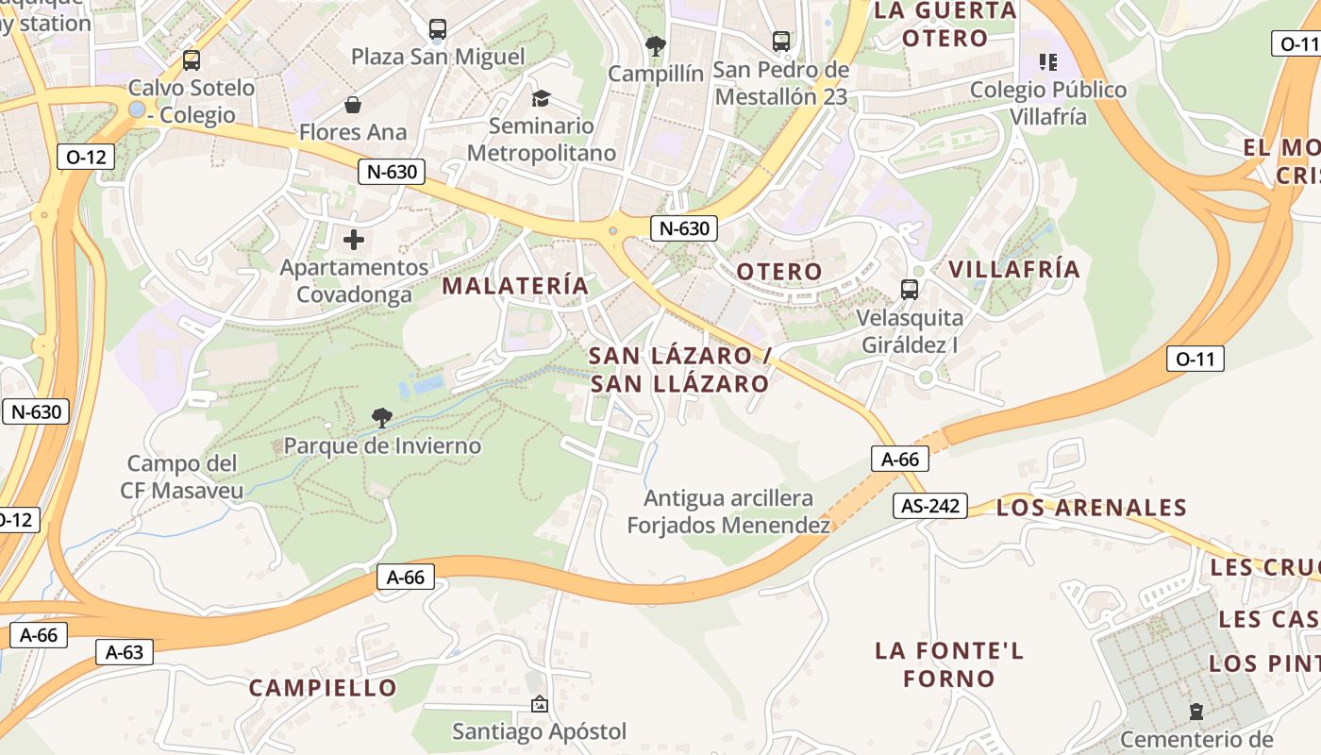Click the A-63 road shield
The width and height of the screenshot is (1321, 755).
[x=124, y=651]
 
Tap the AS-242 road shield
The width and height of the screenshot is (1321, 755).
[x=930, y=506]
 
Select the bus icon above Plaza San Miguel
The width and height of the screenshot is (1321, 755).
[x=437, y=29]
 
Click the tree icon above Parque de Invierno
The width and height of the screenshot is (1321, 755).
[x=382, y=417]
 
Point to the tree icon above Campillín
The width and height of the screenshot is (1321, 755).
[x=655, y=44]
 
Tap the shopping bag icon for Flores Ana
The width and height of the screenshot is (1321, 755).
[x=353, y=104]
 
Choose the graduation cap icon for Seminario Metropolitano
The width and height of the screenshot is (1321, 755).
[x=541, y=98]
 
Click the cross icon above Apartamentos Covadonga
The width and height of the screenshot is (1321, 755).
[x=354, y=240]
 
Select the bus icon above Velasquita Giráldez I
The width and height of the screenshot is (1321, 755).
[x=910, y=290]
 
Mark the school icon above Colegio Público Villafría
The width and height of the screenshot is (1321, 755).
[x=1047, y=62]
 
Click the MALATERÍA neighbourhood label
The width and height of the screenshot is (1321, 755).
[x=515, y=285]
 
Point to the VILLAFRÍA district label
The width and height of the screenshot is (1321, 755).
[x=1013, y=269]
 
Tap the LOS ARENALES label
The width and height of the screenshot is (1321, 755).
[x=1091, y=508]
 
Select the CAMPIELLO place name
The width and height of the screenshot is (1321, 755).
[x=323, y=688]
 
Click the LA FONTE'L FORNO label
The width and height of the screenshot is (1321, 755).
[x=948, y=664]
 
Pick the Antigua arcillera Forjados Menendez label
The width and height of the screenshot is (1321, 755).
[x=728, y=512]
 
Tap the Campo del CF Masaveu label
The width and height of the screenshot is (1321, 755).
[x=182, y=477]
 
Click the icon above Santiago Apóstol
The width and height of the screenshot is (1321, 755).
[x=539, y=704]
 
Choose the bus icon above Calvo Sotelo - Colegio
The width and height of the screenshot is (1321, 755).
[x=192, y=60]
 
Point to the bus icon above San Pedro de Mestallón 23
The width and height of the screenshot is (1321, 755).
[x=781, y=42]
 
